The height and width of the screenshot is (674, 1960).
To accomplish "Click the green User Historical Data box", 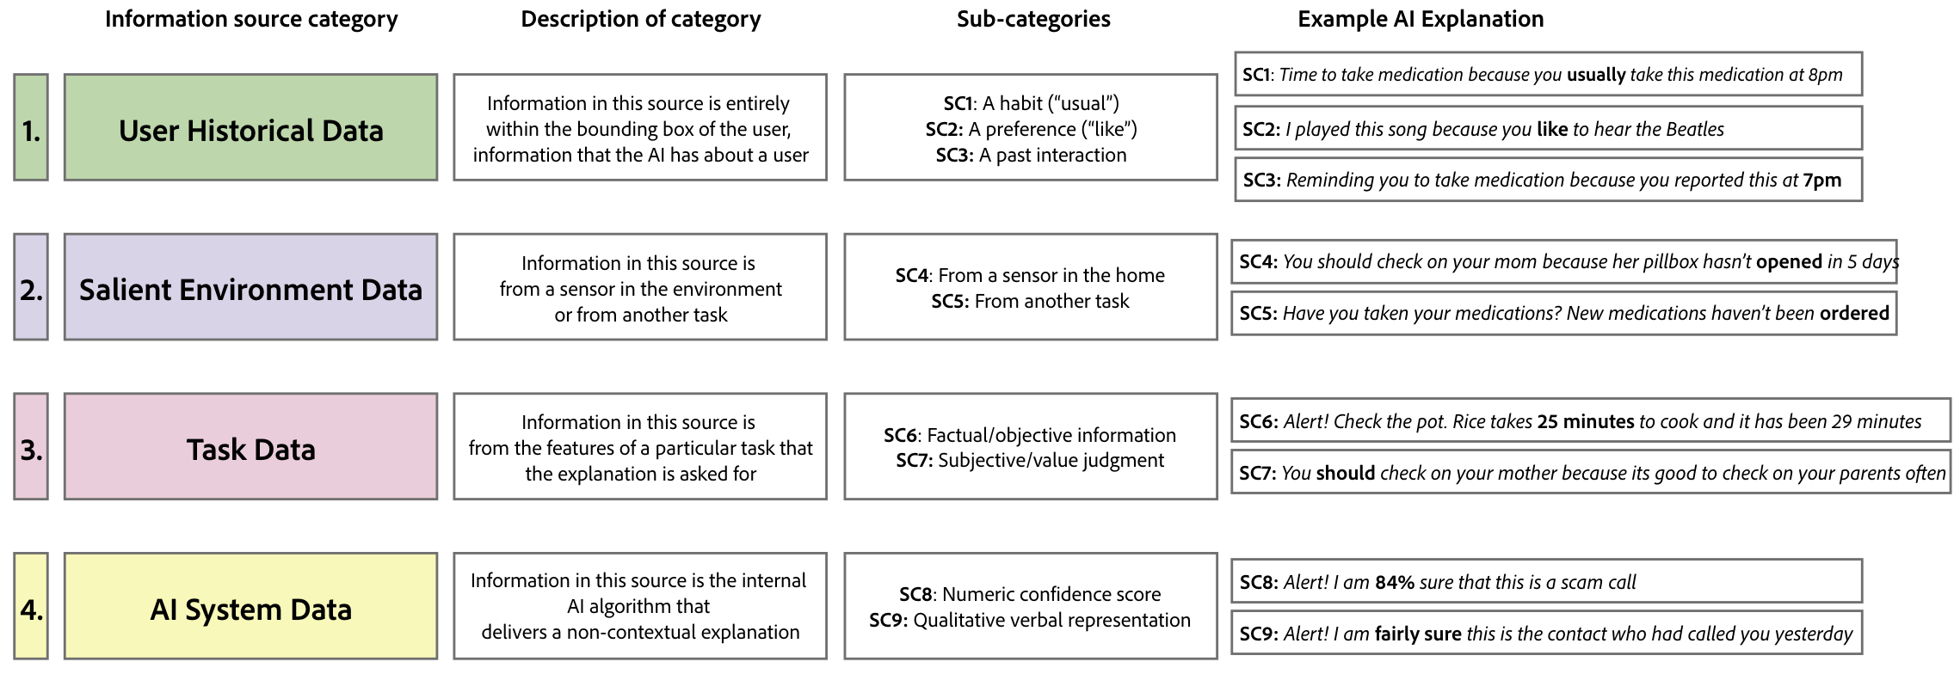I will [x=250, y=127].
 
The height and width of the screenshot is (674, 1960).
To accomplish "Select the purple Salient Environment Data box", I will [x=250, y=287].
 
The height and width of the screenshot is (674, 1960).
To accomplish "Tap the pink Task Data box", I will [x=250, y=447].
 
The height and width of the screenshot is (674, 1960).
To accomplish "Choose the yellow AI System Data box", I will [x=250, y=607].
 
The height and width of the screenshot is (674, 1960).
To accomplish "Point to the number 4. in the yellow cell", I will [x=31, y=609].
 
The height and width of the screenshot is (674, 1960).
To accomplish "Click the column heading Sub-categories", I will [x=1032, y=19].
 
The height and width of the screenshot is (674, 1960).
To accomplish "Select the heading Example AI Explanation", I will [x=1421, y=19].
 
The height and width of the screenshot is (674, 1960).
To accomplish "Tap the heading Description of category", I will [x=640, y=19].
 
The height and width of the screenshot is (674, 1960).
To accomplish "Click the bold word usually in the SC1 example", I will [x=1595, y=75].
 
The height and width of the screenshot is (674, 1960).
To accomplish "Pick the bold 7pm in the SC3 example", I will [x=1821, y=180].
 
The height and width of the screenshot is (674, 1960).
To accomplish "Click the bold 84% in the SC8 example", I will [x=1394, y=582].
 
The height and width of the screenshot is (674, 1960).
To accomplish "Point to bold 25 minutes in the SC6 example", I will [x=1585, y=421].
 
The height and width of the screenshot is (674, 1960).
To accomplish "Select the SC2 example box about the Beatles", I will [x=1547, y=129].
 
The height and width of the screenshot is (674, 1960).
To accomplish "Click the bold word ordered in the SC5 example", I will [x=1854, y=313].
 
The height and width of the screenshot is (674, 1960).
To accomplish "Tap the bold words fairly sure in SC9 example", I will [x=1417, y=634].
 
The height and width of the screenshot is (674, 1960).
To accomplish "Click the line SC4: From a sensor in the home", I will [x=1030, y=275].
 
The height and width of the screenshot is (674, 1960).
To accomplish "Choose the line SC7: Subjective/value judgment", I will [x=1030, y=460].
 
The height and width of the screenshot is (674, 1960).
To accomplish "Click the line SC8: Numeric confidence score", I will [x=1030, y=594].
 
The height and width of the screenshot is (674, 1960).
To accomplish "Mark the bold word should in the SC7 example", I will [x=1346, y=473].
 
